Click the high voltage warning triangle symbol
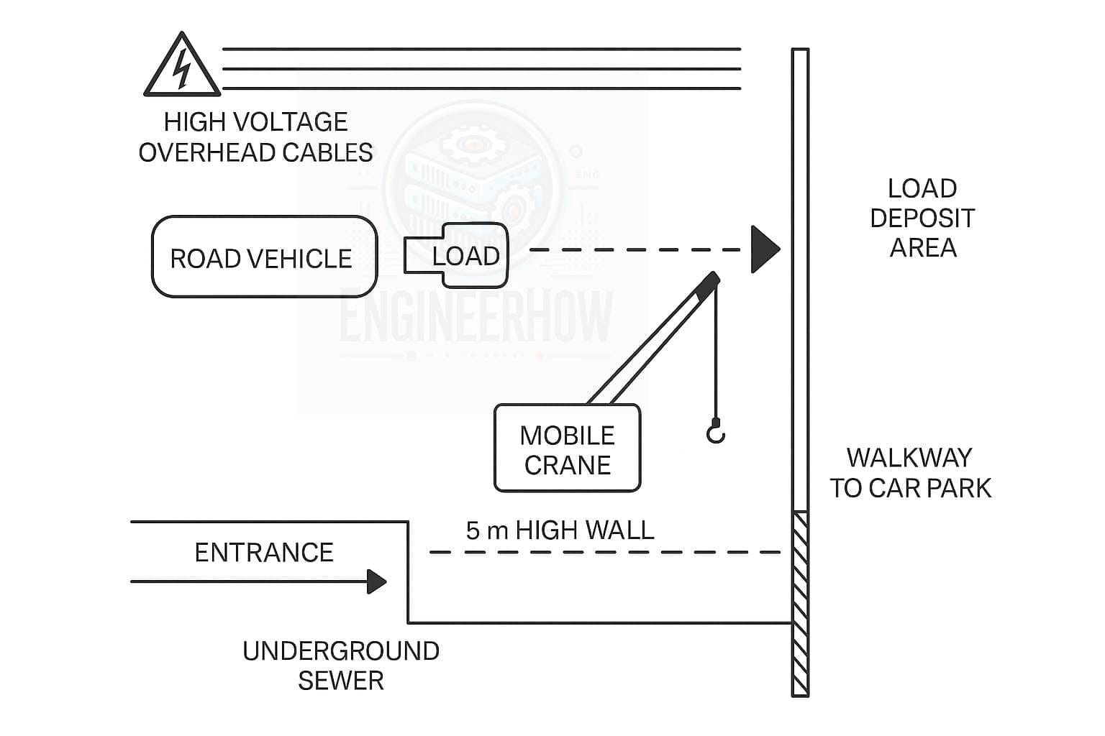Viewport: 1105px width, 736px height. point(182,66)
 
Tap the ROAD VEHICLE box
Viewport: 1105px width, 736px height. point(263,257)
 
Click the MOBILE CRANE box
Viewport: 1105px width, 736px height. point(567,448)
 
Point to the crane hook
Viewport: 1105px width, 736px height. point(715,432)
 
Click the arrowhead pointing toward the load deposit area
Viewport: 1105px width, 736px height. point(764,249)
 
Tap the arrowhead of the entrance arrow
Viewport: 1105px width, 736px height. point(376,581)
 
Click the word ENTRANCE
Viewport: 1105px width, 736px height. point(264,553)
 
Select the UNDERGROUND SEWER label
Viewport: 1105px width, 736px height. point(340,666)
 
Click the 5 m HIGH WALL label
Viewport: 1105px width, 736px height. point(560,530)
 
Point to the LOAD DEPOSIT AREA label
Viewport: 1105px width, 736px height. point(922,218)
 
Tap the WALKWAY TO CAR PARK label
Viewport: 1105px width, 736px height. point(910,473)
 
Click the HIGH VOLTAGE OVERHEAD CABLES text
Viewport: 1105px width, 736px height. point(255,137)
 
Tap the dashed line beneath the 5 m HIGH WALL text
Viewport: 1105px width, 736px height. point(604,552)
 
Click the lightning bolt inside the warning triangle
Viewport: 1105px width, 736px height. point(183,69)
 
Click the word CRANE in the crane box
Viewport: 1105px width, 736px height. point(567,465)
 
